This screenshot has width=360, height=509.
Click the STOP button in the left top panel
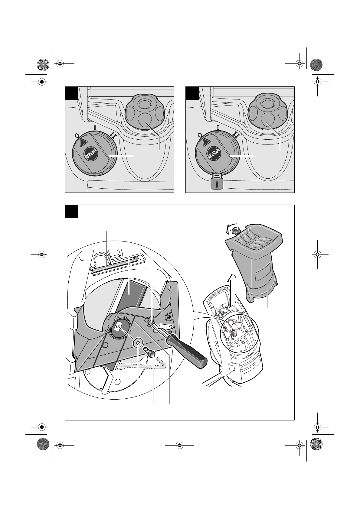(91, 154)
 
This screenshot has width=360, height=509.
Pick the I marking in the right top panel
(218, 127)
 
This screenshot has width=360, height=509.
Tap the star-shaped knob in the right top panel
(266, 112)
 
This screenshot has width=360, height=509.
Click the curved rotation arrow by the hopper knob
(228, 229)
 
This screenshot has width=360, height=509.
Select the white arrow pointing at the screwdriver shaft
(166, 327)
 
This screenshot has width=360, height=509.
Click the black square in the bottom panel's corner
(71, 211)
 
